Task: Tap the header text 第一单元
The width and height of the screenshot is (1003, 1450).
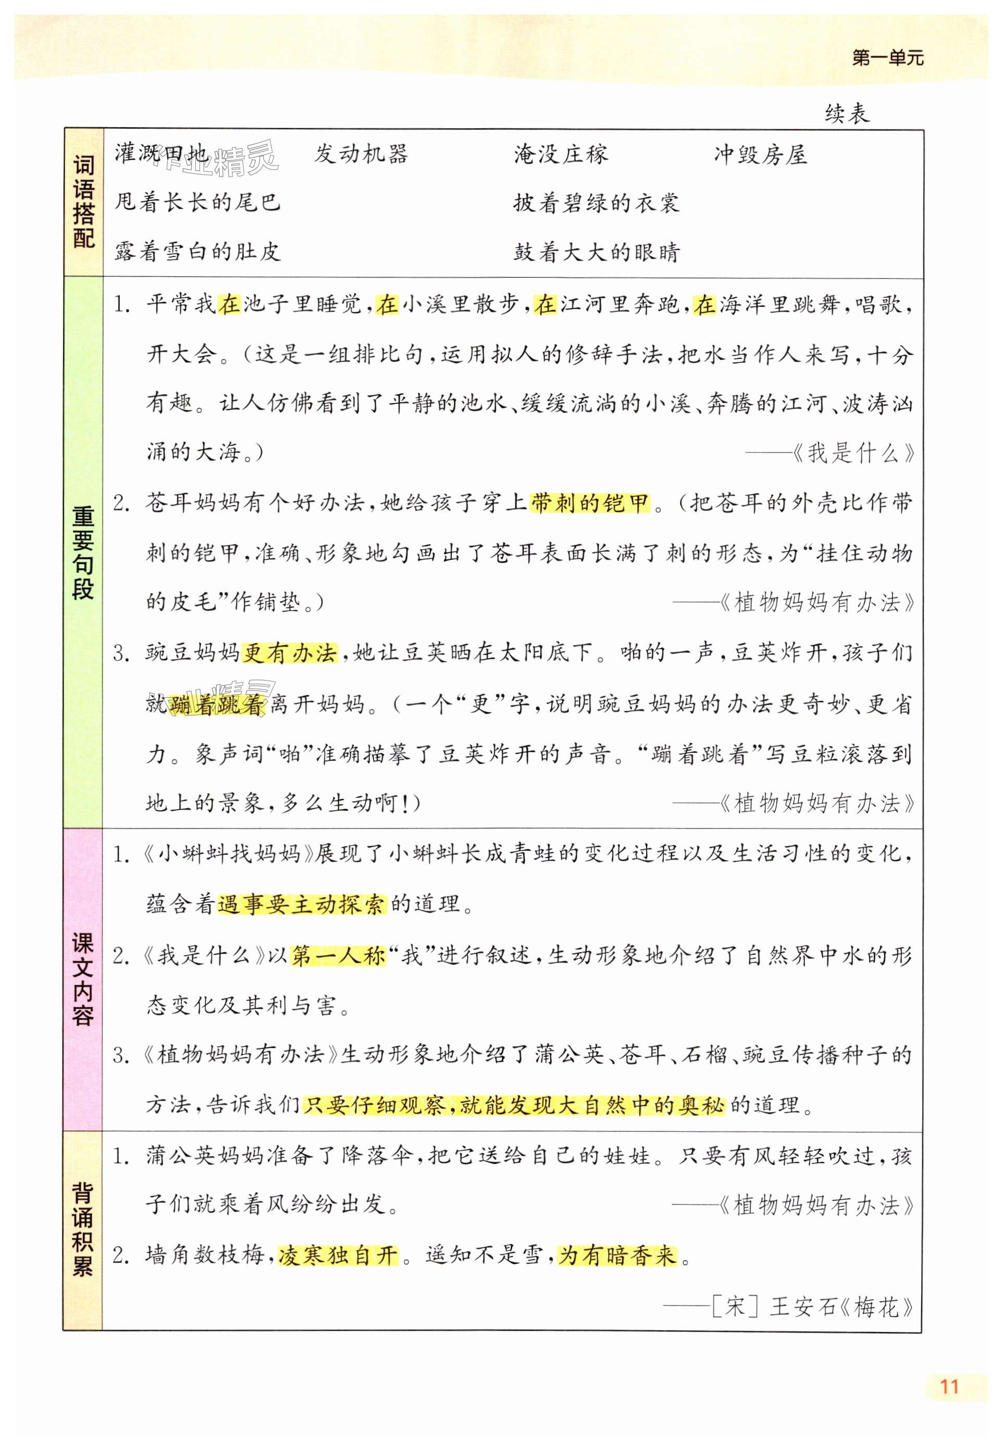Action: [x=887, y=58]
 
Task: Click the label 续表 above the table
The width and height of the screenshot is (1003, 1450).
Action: [x=847, y=114]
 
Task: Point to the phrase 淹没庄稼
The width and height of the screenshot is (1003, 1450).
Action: [x=561, y=154]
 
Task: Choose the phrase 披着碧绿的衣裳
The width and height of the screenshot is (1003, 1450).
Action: [x=596, y=202]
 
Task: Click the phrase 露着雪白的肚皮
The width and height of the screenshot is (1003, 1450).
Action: [x=197, y=251]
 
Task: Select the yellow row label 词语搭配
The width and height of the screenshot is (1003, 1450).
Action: [x=83, y=202]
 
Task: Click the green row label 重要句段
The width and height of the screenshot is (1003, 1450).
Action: [x=83, y=552]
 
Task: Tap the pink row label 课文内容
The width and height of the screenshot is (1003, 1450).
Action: [x=83, y=979]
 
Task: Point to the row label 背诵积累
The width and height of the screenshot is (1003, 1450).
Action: [x=83, y=1229]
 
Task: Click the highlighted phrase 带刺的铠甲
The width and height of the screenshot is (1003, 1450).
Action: [x=589, y=503]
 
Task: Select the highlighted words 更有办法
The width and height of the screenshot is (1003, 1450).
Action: [x=290, y=653]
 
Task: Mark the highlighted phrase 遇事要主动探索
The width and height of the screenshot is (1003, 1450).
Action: [x=302, y=904]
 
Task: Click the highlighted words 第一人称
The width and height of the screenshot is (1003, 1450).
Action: [x=338, y=956]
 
